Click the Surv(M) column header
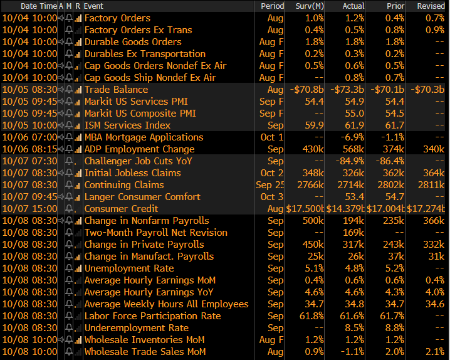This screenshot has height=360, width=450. (309, 6)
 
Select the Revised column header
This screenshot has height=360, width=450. (431, 6)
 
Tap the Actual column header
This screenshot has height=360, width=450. (353, 6)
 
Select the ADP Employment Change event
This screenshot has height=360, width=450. (139, 149)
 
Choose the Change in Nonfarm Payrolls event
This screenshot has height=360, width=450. (147, 221)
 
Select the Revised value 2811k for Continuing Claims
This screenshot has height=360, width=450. (431, 185)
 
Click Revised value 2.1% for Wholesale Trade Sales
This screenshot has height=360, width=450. (434, 352)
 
